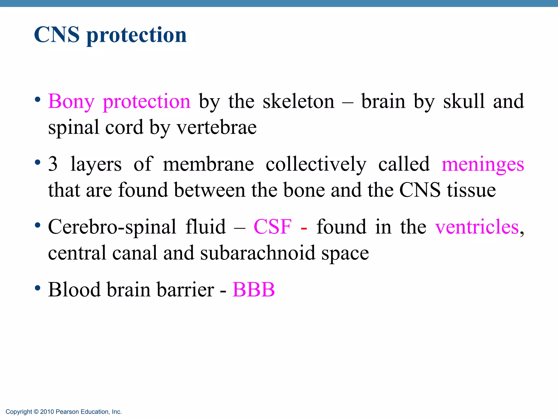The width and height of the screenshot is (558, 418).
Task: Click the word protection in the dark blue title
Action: coord(137,36)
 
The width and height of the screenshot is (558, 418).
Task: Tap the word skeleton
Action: coord(298,101)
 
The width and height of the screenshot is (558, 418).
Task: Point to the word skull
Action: coord(464,101)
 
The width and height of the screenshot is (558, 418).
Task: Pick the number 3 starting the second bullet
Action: coord(53,164)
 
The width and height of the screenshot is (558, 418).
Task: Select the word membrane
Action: coord(208,164)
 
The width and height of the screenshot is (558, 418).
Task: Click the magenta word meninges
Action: coord(483,165)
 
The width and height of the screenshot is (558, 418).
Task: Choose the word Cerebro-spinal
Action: coord(112,227)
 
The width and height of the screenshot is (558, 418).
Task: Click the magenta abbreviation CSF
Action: coord(272,226)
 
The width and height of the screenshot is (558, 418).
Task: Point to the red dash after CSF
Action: coord(304,228)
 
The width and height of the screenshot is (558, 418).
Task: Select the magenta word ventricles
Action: coord(477,226)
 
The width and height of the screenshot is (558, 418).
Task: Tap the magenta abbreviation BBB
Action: coord(253,289)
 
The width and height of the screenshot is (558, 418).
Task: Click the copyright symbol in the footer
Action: coord(36,412)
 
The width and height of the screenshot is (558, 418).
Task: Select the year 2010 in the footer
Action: coord(47,412)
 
